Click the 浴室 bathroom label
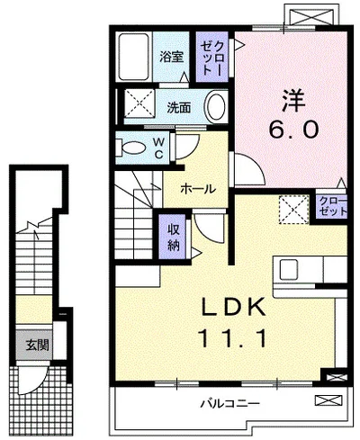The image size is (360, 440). coord(171,57)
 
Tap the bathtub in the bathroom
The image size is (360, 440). coord(134,56)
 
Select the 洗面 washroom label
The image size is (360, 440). coord(179,107)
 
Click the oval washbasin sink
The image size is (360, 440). coord(215,106)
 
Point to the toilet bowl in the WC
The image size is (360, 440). coord(132,148)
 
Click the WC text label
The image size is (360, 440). coord(158,148)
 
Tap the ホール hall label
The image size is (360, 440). coord(198,189)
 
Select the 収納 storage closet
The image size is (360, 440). coord(173,237)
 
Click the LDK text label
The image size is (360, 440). coord(233,307)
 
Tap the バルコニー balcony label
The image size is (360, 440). coord(229,403)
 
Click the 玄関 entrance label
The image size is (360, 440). coord(37,346)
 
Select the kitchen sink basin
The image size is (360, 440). coord(289,270)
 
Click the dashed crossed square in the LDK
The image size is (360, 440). coord(294,210)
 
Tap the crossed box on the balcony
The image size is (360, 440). coord(328,400)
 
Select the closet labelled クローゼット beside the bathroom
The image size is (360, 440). coord(212,57)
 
